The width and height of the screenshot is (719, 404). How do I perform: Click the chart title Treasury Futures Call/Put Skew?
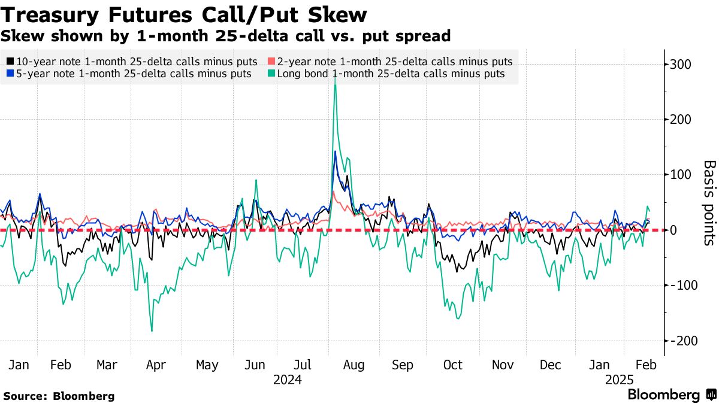(184, 14)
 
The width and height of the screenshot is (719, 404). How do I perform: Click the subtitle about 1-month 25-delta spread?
(225, 36)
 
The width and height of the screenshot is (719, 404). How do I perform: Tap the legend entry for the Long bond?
(390, 74)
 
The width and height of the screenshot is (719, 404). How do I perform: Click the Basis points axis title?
(708, 202)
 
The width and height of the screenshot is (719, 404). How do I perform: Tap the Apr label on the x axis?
(156, 365)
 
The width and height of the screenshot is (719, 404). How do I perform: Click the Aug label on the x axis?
(354, 365)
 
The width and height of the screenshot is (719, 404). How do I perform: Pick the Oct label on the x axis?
(452, 365)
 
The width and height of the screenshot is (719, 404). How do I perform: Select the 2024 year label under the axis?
(287, 380)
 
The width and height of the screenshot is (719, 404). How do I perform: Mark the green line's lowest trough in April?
(152, 331)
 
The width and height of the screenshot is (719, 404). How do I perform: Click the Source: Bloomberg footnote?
(59, 396)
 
